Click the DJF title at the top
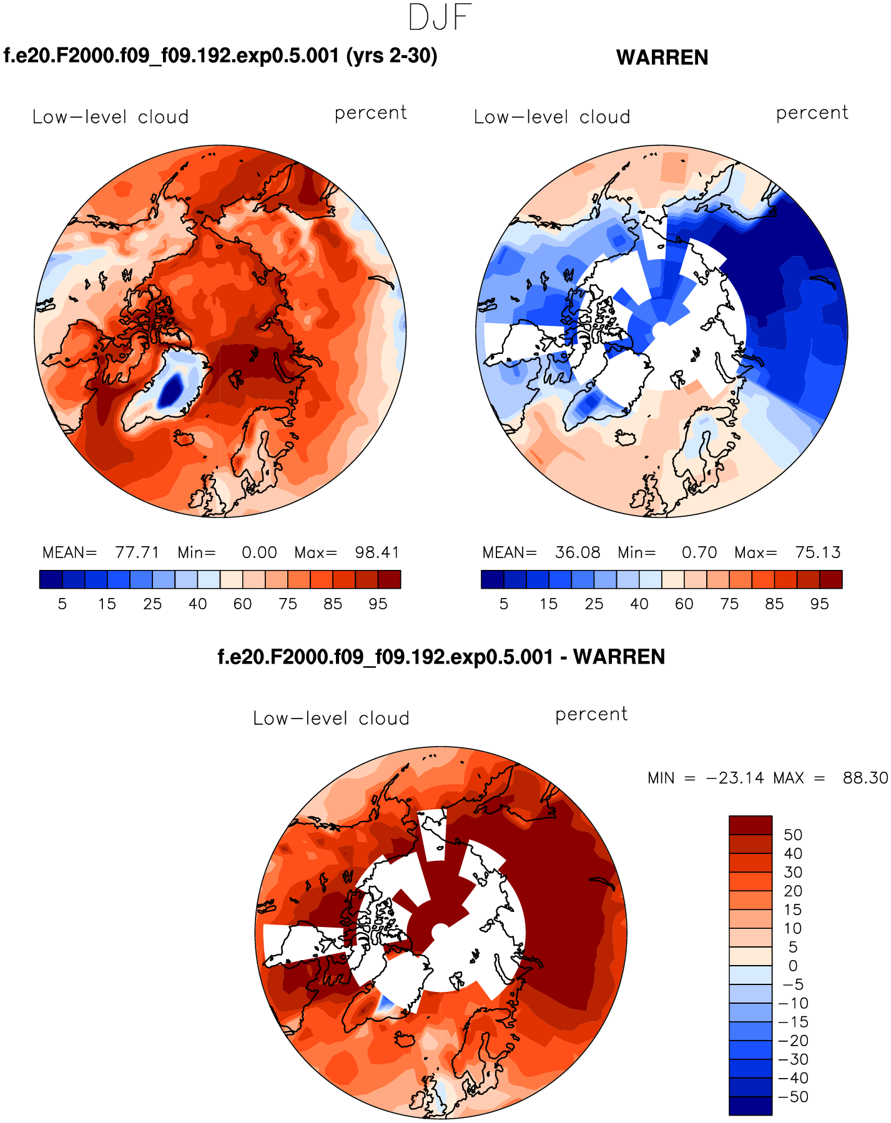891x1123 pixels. [440, 17]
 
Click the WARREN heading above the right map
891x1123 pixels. [662, 57]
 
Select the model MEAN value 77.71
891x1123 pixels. [137, 552]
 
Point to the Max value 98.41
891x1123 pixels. [377, 552]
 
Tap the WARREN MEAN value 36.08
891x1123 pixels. [578, 552]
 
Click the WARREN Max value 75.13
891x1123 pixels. [818, 552]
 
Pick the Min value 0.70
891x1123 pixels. [699, 552]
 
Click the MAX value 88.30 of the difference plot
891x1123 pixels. [865, 778]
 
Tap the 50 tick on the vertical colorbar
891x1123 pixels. [793, 835]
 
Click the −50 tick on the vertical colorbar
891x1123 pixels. [793, 1097]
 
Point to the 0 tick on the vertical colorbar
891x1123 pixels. [793, 966]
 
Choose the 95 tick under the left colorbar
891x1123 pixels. [378, 604]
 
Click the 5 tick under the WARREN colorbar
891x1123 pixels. [504, 604]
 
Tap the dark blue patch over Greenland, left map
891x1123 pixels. [170, 391]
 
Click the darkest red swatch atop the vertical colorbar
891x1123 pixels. [751, 825]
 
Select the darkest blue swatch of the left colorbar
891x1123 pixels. [51, 579]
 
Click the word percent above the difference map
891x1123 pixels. [591, 714]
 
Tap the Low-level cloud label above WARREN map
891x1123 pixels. [552, 117]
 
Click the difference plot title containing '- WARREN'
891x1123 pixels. [441, 657]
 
